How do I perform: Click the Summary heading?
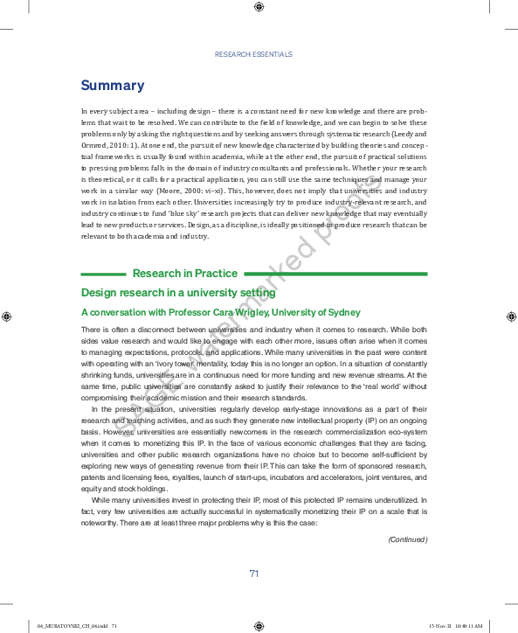pyautogui.click(x=113, y=86)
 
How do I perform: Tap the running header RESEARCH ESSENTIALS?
pyautogui.click(x=253, y=54)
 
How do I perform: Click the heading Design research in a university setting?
pyautogui.click(x=178, y=293)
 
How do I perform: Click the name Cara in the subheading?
pyautogui.click(x=220, y=312)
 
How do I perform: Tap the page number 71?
pyautogui.click(x=254, y=574)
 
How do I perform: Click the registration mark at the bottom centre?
pyautogui.click(x=259, y=626)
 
